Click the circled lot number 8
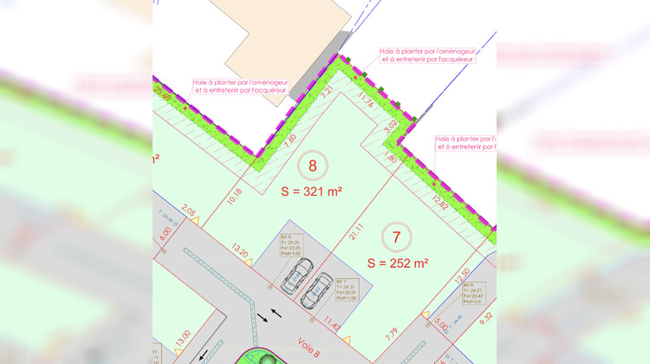click(x=313, y=166)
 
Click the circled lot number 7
click(x=395, y=235)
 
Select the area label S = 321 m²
click(x=314, y=193)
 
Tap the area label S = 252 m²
click(x=397, y=263)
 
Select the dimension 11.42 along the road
click(x=332, y=323)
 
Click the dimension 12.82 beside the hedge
click(x=440, y=202)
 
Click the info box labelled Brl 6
click(x=472, y=293)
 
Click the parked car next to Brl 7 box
click(x=317, y=291)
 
